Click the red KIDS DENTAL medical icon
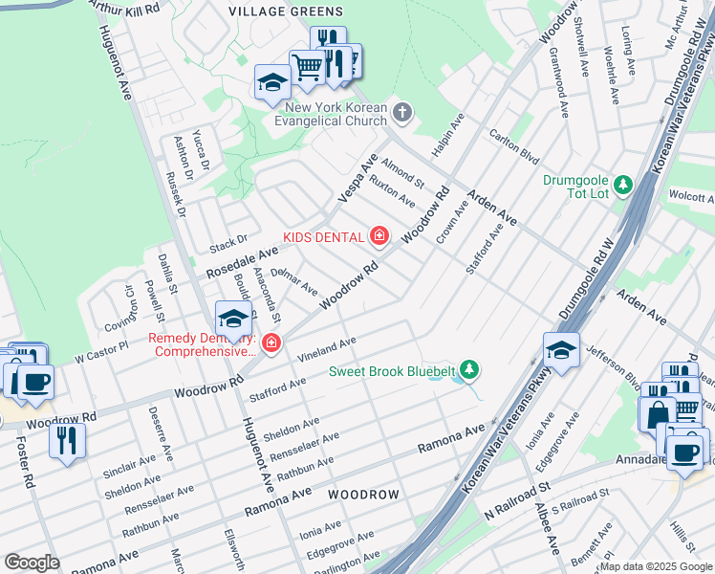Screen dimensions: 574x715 (379, 236)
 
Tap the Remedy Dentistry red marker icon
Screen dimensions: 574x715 (272, 342)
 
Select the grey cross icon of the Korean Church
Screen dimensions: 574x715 (402, 114)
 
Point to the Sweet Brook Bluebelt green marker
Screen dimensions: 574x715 (468, 369)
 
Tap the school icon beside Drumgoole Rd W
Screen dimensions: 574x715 (562, 350)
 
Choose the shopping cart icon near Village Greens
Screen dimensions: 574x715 (307, 67)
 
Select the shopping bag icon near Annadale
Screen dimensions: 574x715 (659, 414)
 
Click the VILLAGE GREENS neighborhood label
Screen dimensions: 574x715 (286, 11)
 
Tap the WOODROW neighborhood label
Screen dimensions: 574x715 (363, 495)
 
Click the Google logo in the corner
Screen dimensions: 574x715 (32, 563)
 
